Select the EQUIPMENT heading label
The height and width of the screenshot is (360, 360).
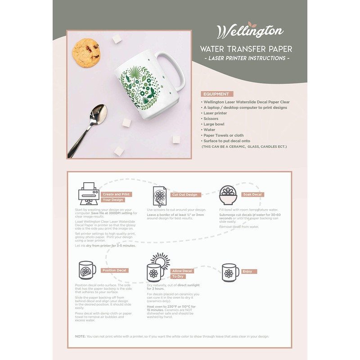[x=217, y=94]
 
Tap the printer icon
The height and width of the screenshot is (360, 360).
[x=89, y=193]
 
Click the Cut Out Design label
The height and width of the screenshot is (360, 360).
[x=184, y=195]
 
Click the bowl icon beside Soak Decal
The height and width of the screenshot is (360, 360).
[x=229, y=195]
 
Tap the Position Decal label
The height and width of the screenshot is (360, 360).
[x=114, y=270]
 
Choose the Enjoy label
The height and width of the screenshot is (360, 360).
[x=247, y=272]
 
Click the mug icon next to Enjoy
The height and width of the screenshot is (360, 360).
[x=230, y=272]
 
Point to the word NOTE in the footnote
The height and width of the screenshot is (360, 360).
[x=80, y=337]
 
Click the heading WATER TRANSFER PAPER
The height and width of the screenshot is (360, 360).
[x=246, y=49]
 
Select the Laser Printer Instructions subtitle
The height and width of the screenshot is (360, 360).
[x=247, y=58]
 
